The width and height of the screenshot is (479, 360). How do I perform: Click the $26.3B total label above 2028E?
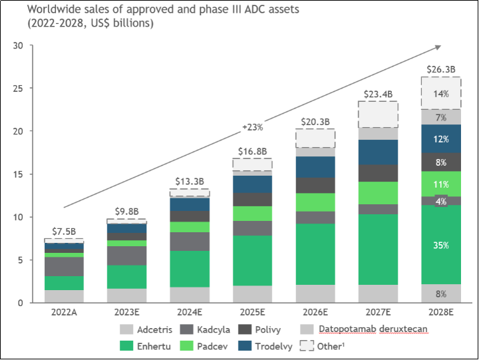click(440, 69)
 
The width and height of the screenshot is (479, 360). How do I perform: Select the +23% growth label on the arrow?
click(253, 126)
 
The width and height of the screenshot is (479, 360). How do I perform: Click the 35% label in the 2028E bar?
click(440, 246)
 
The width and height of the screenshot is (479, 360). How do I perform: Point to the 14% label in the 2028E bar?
click(440, 94)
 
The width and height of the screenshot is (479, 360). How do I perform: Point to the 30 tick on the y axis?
click(18, 46)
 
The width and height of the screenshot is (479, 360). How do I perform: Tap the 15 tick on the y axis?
click(18, 174)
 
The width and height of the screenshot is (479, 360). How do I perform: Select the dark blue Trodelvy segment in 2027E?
click(378, 152)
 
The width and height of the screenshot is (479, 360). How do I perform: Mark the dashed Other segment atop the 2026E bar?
click(315, 138)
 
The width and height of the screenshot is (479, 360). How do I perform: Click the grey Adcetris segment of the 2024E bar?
click(190, 295)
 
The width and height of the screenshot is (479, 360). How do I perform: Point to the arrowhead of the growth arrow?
click(438, 47)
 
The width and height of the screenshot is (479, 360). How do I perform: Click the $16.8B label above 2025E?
click(252, 150)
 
